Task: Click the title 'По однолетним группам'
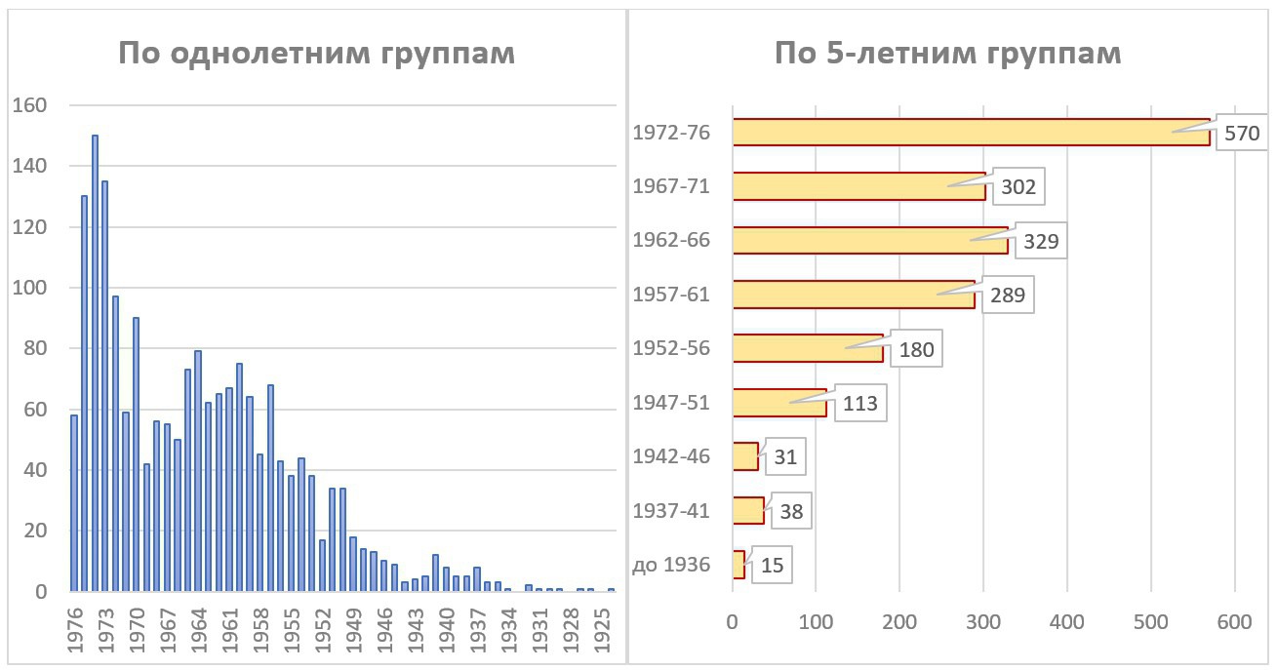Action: click(x=316, y=54)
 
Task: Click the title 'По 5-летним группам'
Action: click(x=947, y=54)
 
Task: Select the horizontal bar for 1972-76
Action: click(x=971, y=132)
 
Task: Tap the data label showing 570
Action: click(x=1242, y=134)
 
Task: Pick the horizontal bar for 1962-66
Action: click(x=869, y=240)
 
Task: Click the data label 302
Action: click(x=1018, y=186)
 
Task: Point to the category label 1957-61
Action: click(x=671, y=295)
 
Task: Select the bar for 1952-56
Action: click(x=807, y=348)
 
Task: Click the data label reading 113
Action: click(x=859, y=403)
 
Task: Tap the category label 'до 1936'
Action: click(x=671, y=565)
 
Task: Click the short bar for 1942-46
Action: click(x=745, y=456)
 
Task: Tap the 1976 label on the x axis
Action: click(x=74, y=632)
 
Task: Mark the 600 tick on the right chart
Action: click(x=1234, y=620)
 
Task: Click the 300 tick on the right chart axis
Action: click(x=982, y=620)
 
